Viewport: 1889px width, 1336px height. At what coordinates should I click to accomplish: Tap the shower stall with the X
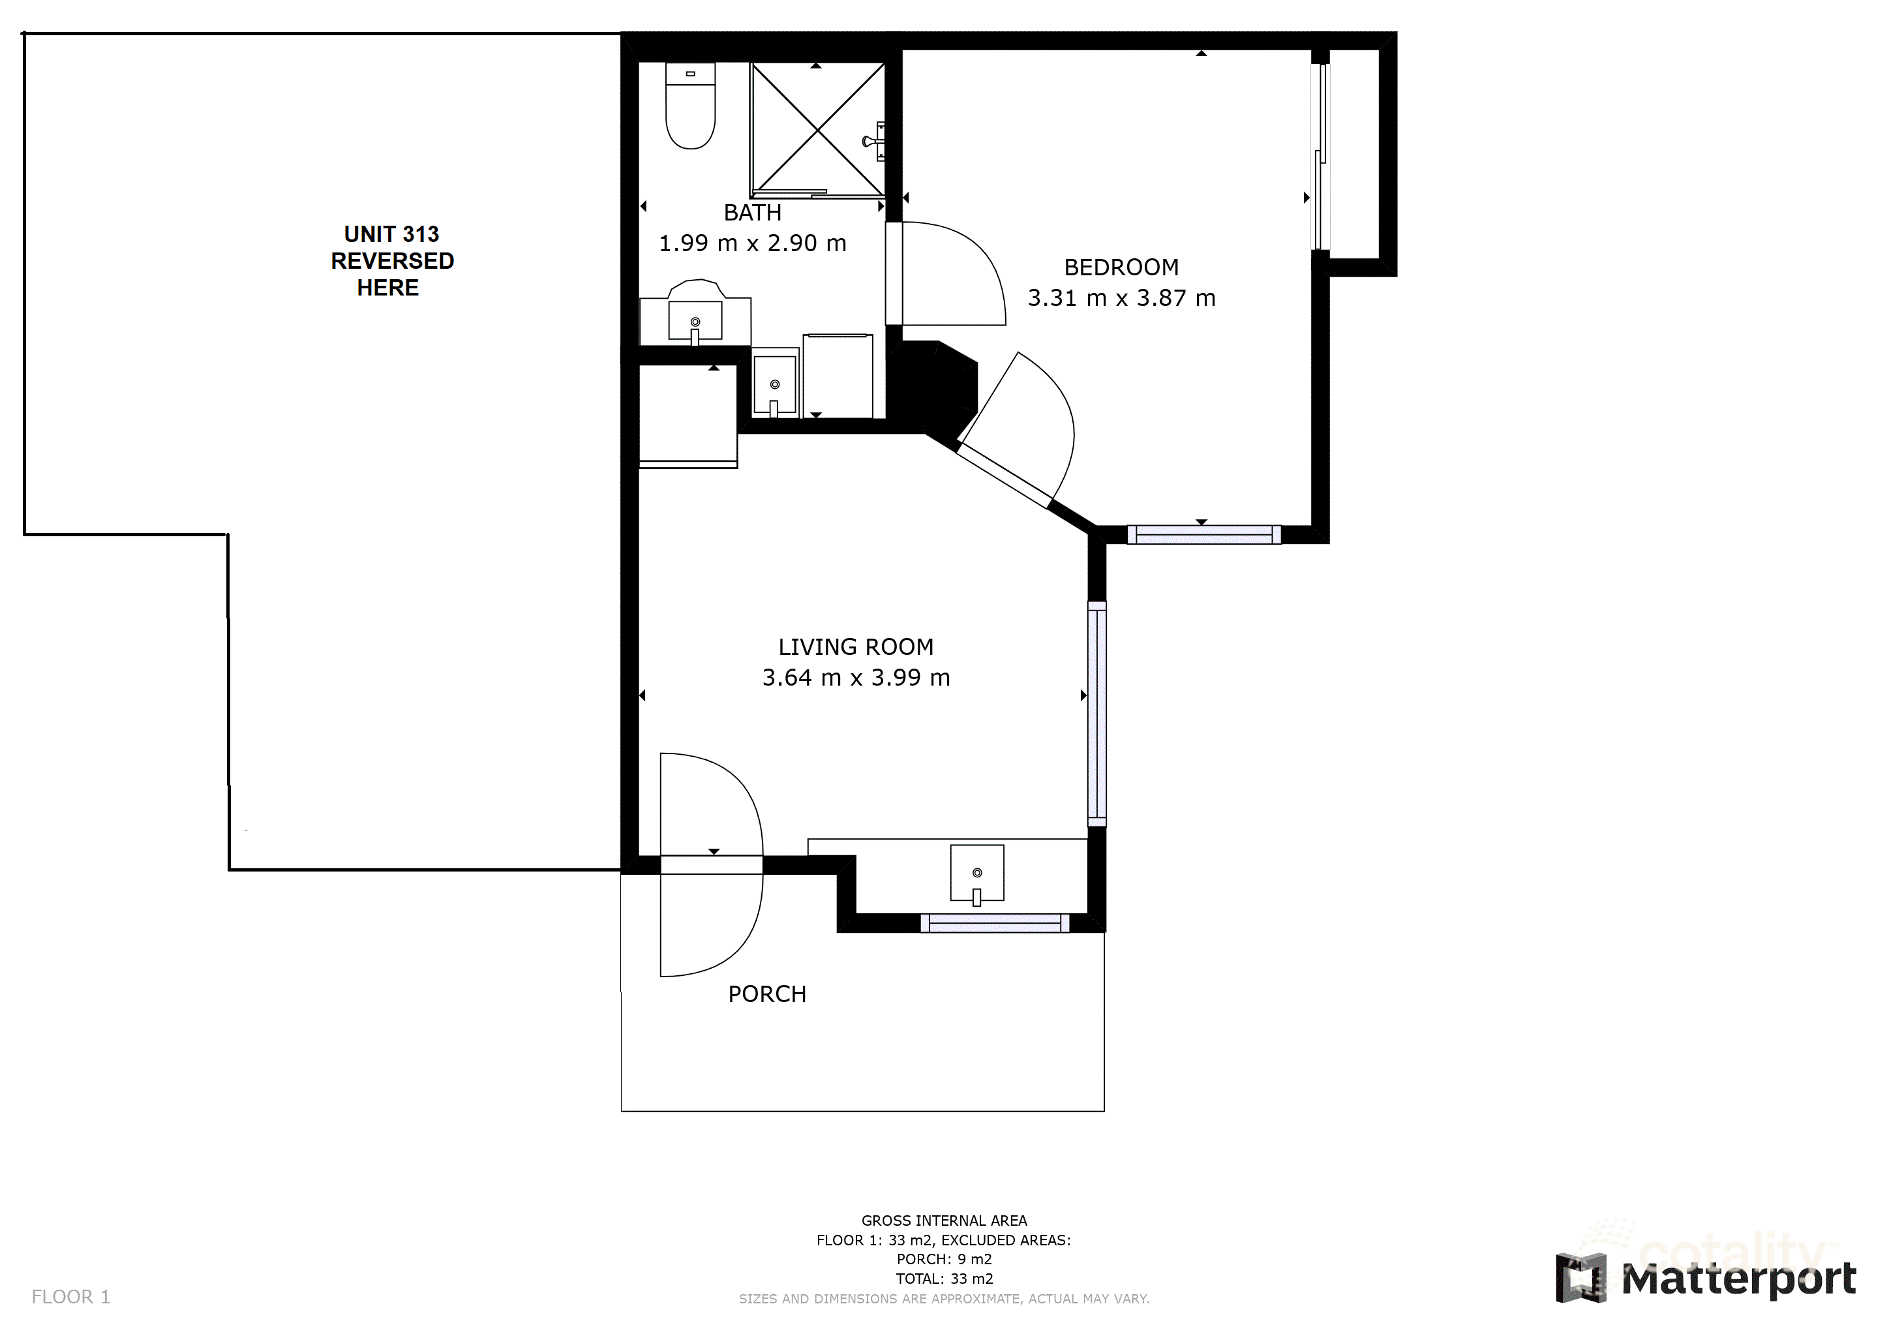pos(817,129)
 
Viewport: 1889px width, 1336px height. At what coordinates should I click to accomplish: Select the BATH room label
pos(752,213)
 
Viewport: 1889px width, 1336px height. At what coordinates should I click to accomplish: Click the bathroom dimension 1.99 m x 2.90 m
pos(752,243)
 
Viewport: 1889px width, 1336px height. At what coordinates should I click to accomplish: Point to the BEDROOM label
pos(1121,267)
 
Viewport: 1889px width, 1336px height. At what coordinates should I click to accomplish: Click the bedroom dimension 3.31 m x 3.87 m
pos(1121,298)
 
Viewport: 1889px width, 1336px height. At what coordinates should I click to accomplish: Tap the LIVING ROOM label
pos(856,647)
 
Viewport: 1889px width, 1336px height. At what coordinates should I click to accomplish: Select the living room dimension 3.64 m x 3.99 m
pos(856,678)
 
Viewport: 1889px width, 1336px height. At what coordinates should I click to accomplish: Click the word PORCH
pos(767,995)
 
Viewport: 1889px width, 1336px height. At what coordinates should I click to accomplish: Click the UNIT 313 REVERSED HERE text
pos(391,261)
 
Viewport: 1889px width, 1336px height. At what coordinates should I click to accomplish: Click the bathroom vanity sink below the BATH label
pos(695,321)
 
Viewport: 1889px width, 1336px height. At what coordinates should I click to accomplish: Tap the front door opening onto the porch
pos(712,864)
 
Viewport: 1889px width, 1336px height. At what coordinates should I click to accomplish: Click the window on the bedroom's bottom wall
pos(1203,535)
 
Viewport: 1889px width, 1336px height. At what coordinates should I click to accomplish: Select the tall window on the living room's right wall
pos(1096,713)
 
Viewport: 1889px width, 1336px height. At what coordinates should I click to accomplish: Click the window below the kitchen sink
pos(994,924)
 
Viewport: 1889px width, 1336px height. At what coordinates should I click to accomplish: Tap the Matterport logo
pos(1706,1279)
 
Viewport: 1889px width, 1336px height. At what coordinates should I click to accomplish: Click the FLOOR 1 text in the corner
pos(70,1298)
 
